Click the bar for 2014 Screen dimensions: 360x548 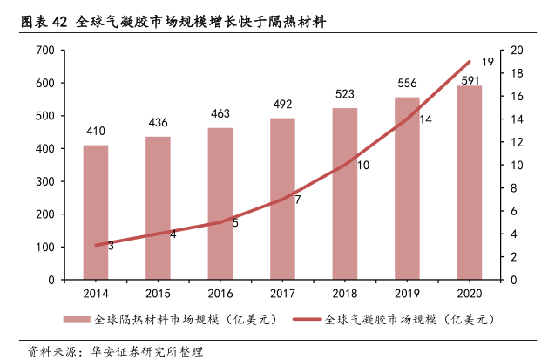(x=96, y=212)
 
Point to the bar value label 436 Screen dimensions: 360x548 (x=159, y=121)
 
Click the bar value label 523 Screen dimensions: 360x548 (x=345, y=93)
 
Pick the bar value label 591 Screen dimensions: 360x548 (x=470, y=81)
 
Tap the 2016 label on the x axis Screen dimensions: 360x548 (x=220, y=294)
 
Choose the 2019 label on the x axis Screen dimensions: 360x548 (x=407, y=294)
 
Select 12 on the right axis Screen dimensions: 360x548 (x=517, y=142)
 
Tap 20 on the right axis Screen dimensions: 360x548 (x=517, y=51)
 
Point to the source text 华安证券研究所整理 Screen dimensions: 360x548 (x=140, y=352)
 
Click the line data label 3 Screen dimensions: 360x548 (x=111, y=246)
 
